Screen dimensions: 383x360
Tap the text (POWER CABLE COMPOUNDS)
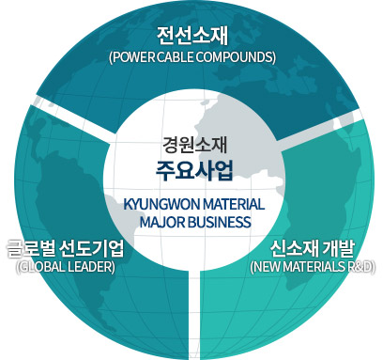pos(191,56)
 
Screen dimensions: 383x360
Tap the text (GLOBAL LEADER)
pos(65,266)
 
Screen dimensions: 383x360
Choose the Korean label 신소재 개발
pos(312,249)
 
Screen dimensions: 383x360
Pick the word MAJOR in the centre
pos(161,223)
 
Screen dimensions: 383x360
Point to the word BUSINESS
pos(220,223)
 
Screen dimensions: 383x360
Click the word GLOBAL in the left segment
pos(42,266)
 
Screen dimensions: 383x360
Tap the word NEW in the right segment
pos(267,266)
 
